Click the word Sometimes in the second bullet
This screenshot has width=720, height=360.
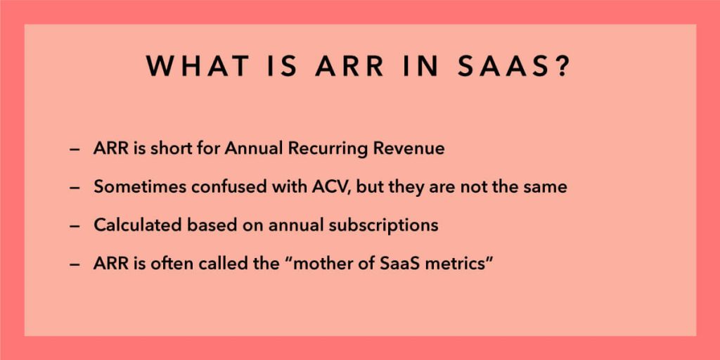[132, 187]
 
